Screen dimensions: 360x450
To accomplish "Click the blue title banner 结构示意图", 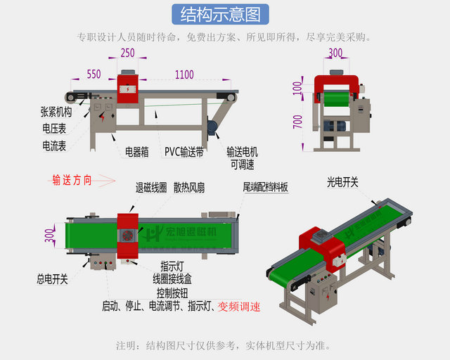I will (225, 14).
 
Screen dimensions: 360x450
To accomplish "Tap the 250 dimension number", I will (127, 53).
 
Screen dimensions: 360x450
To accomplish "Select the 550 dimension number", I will (94, 74).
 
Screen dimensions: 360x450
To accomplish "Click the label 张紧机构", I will (56, 111).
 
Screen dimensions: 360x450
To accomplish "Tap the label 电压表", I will (54, 129).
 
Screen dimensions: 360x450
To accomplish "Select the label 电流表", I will (54, 146).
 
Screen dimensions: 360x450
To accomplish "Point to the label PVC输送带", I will (184, 150).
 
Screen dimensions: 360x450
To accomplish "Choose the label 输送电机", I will (242, 150).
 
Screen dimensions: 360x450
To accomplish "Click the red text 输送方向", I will (72, 179).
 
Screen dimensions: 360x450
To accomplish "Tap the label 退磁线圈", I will (151, 188).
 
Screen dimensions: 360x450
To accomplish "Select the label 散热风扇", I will (191, 188).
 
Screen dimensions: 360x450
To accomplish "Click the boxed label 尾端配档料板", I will (265, 188).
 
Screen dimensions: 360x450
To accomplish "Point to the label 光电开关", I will (342, 182).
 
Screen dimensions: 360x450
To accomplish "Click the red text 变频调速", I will (239, 307).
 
